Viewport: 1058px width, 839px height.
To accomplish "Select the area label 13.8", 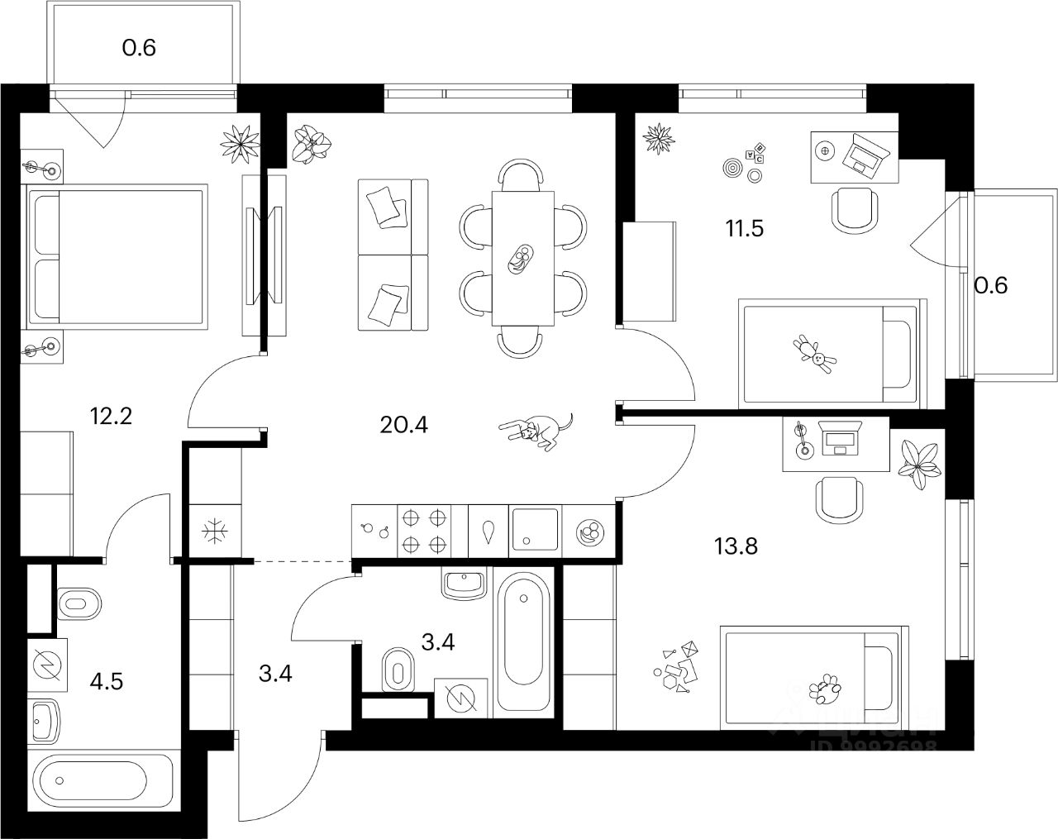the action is tap(735, 546).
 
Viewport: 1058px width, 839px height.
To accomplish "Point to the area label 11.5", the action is tap(744, 227).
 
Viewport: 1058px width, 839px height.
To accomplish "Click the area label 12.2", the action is tap(111, 414).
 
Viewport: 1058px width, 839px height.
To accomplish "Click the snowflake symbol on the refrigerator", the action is tap(215, 532).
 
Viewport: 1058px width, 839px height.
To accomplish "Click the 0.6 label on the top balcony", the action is tap(139, 47).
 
